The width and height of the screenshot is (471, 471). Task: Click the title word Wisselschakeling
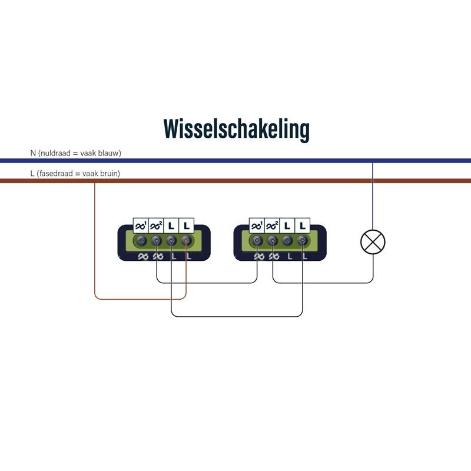click(x=236, y=128)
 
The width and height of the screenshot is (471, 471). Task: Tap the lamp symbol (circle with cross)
click(x=373, y=241)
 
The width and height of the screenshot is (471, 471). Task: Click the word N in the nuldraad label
click(x=33, y=153)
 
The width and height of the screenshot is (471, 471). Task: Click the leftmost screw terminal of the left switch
click(x=141, y=240)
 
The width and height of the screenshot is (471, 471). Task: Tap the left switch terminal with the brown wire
click(x=186, y=240)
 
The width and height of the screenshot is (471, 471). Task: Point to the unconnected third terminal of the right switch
click(x=287, y=240)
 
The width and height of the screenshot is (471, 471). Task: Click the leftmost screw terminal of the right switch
click(x=257, y=240)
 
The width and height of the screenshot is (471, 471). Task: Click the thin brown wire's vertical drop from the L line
click(x=95, y=235)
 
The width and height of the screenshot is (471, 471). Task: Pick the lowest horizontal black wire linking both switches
click(x=235, y=316)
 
